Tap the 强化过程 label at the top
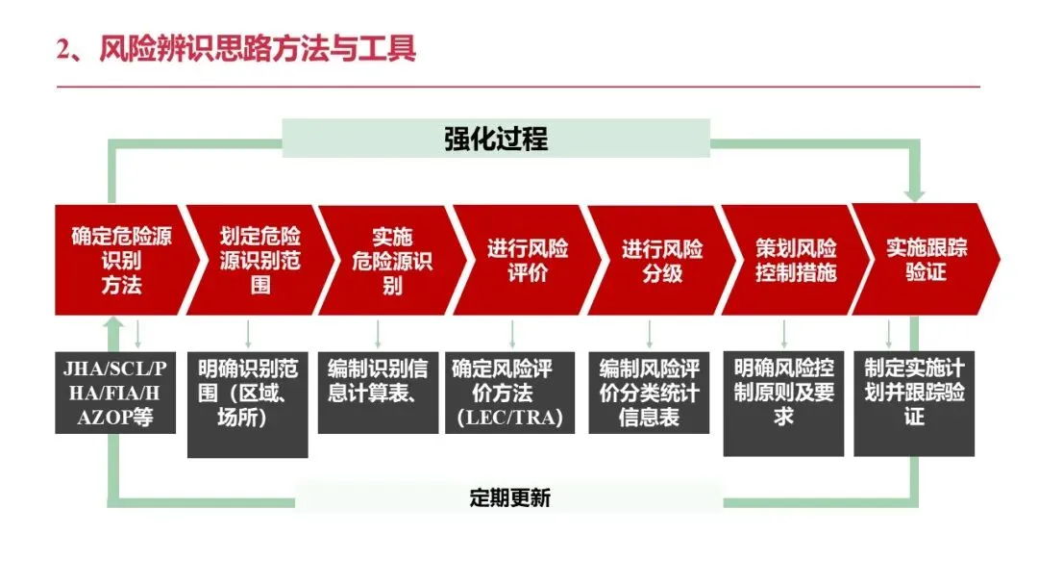[x=496, y=139]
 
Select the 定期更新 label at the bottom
[x=509, y=497]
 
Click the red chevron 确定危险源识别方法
[x=121, y=260]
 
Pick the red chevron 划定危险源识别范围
[x=256, y=260]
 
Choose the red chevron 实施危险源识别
[x=390, y=260]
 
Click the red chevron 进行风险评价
[x=525, y=260]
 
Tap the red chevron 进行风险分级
[x=659, y=260]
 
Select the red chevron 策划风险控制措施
[x=794, y=260]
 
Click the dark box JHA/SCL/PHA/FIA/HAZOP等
[x=115, y=393]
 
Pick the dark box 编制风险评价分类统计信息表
[x=649, y=393]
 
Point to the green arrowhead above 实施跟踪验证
[x=914, y=194]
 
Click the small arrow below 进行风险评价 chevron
[x=511, y=333]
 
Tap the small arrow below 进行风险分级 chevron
[x=650, y=333]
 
